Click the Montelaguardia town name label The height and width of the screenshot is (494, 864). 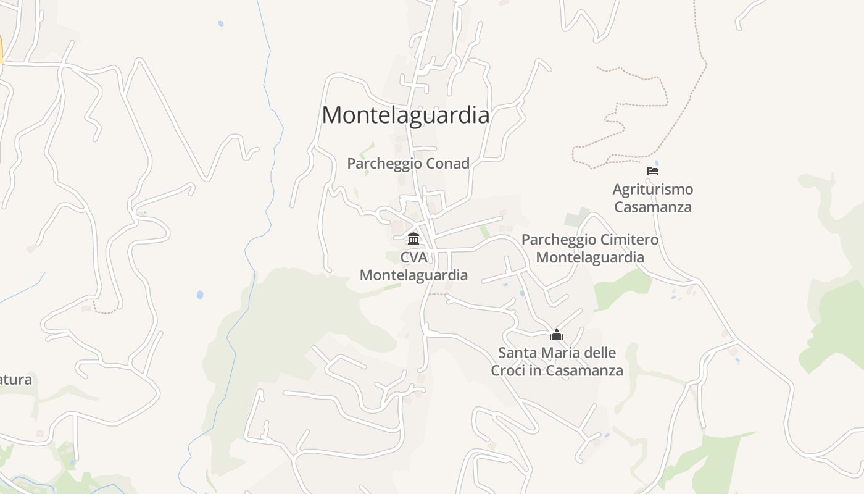tap(405, 115)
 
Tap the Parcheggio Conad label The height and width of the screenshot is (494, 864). tap(408, 164)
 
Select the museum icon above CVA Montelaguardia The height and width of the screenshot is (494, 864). tap(413, 238)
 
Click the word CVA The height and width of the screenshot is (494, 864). tap(413, 257)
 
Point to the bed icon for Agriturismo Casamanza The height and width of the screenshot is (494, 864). tap(653, 171)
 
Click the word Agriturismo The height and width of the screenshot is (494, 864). tap(653, 189)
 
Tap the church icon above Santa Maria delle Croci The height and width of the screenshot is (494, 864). tap(557, 335)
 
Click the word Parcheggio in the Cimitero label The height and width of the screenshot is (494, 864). tap(558, 240)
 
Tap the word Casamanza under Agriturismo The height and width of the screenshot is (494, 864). tap(653, 207)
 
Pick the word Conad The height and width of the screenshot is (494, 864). tap(449, 164)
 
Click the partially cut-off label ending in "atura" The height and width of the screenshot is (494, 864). tap(15, 380)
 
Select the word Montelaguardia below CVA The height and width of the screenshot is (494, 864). tap(413, 275)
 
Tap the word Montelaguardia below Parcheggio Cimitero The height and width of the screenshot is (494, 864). tap(590, 257)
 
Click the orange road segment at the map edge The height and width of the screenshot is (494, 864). tap(1, 49)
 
